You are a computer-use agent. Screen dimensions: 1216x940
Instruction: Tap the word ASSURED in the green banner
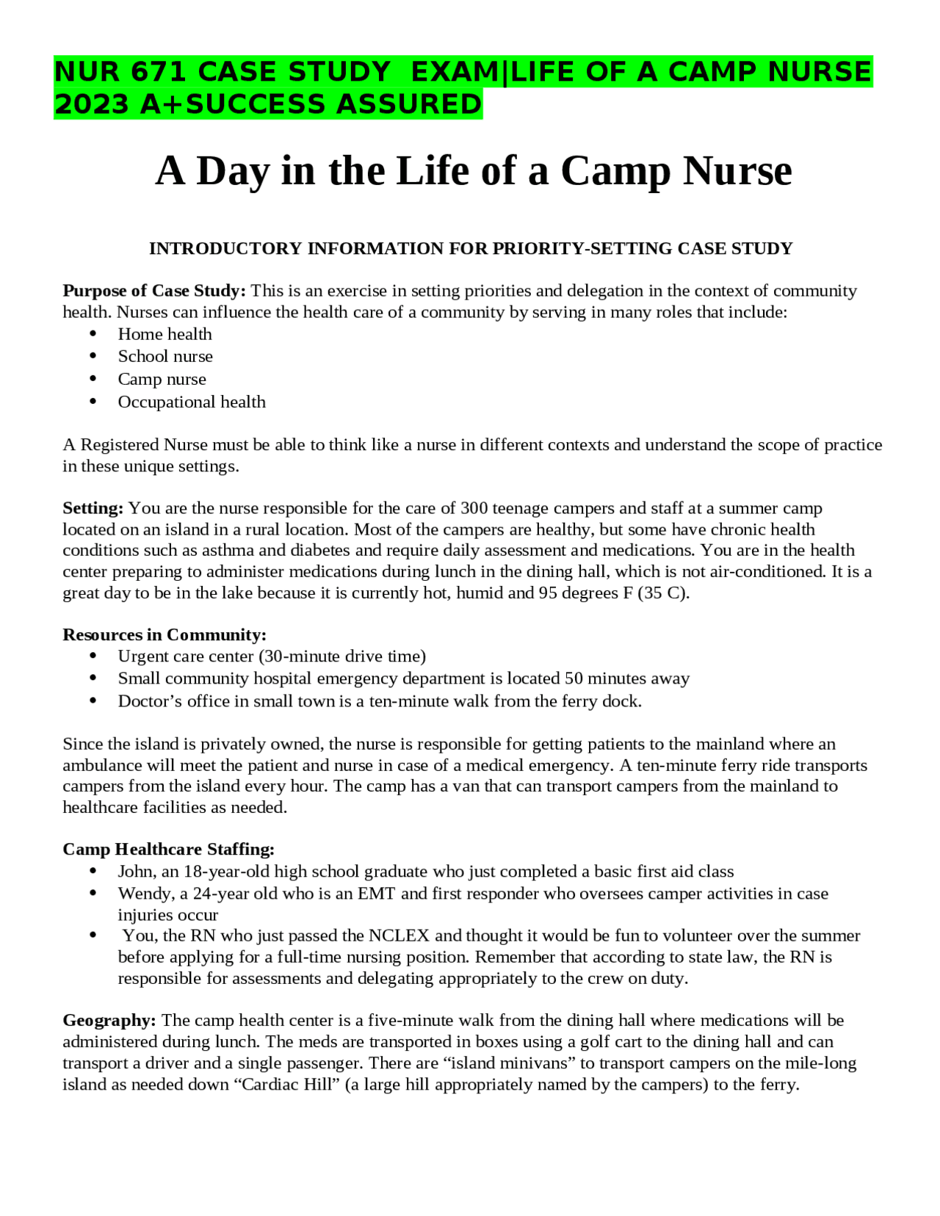[408, 104]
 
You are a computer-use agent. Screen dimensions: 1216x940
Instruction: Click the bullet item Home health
[164, 334]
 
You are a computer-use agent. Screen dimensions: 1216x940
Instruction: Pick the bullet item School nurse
[165, 356]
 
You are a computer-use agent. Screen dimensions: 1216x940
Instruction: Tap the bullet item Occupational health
[192, 402]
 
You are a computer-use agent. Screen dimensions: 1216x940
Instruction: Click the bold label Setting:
[93, 508]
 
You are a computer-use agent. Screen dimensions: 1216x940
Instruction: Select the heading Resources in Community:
[164, 634]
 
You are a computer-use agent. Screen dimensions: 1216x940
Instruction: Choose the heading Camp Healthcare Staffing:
[168, 849]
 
